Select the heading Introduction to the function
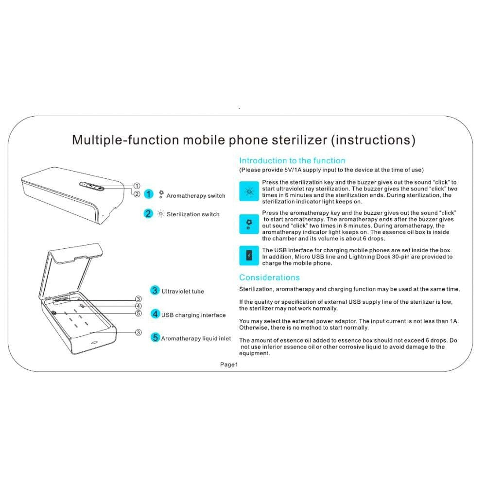click(x=292, y=160)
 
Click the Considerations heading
click(x=269, y=278)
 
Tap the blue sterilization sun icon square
click(x=249, y=191)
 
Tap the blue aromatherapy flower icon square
click(x=249, y=224)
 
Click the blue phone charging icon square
click(x=249, y=256)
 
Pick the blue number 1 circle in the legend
click(x=149, y=194)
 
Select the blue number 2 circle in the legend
click(x=148, y=213)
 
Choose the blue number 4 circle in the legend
click(x=155, y=314)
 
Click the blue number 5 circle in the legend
click(x=155, y=337)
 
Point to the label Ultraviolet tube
click(x=183, y=291)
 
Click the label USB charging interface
click(x=193, y=315)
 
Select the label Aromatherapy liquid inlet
click(x=196, y=338)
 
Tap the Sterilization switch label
click(x=193, y=214)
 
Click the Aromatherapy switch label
click(x=196, y=196)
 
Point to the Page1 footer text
click(x=228, y=364)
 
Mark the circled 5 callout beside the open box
click(x=139, y=313)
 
